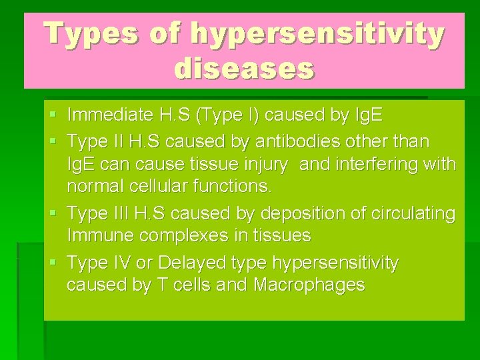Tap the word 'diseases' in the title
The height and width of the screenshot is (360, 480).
point(244,68)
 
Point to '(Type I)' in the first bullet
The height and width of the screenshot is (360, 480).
point(225,115)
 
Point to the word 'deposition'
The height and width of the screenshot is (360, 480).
point(297,213)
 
